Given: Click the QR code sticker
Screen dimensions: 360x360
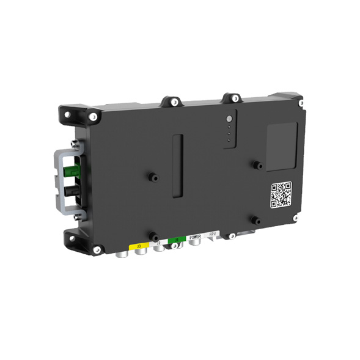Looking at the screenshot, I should tap(281, 194).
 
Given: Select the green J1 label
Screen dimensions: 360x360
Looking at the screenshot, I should tap(177, 240).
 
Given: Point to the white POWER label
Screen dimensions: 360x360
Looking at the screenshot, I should tap(195, 237).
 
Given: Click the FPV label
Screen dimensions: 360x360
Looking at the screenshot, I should tap(212, 234).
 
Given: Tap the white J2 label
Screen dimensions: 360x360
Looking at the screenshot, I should tap(158, 243).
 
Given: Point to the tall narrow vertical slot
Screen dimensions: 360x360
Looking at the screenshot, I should tap(177, 166).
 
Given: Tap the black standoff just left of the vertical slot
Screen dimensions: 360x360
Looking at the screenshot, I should tap(152, 177).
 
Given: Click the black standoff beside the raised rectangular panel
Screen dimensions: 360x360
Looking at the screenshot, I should tap(258, 165).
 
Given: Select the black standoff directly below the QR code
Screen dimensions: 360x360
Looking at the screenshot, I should tap(257, 221).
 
